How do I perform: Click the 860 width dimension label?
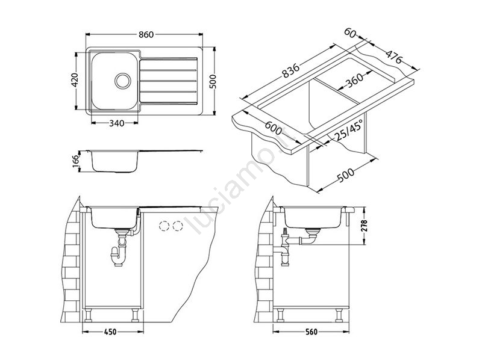(x=146, y=35)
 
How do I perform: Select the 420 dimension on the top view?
(x=75, y=80)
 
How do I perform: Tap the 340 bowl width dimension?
(x=117, y=123)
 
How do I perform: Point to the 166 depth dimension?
(x=76, y=162)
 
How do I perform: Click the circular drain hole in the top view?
(x=123, y=81)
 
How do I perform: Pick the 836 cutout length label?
(x=290, y=70)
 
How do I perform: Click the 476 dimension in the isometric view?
(x=394, y=57)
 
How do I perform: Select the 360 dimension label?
(x=354, y=80)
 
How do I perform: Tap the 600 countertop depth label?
(x=274, y=128)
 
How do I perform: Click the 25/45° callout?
(x=349, y=130)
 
